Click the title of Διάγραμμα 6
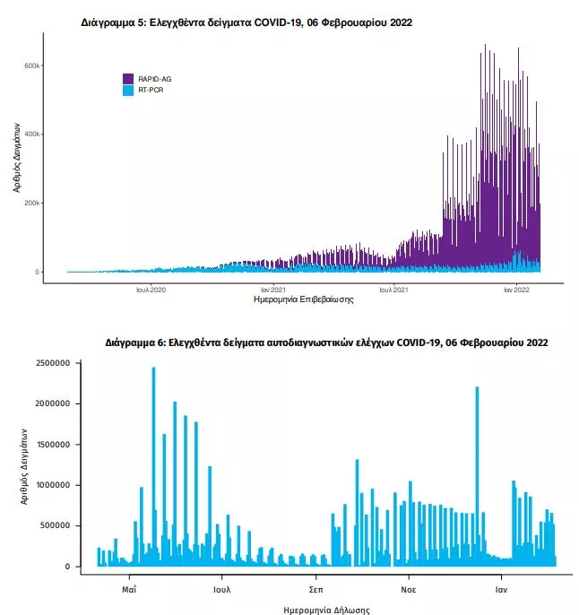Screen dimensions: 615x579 tap(326, 342)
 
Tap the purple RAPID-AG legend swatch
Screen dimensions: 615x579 tap(127, 79)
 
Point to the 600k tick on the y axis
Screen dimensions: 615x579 tap(30, 65)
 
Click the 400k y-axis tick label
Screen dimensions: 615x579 tap(30, 134)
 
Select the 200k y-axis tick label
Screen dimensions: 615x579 tap(30, 204)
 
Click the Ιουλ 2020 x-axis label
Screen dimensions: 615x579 tap(151, 290)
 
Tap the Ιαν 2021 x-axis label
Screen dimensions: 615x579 tap(273, 290)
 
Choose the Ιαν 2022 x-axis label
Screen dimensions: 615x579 tap(516, 290)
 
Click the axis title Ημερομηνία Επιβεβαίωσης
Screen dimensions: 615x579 tap(304, 300)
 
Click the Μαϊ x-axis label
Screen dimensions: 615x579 tap(129, 591)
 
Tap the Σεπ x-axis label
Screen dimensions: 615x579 tap(315, 591)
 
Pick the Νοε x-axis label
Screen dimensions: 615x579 tap(409, 591)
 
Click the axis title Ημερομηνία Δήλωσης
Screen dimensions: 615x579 tap(326, 610)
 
